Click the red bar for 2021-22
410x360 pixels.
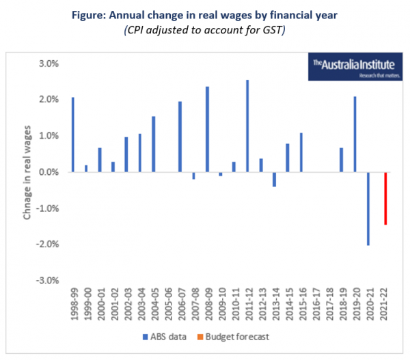[x=385, y=198]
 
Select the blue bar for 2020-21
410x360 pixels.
[x=369, y=208]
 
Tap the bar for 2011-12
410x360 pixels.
[x=247, y=126]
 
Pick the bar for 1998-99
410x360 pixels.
[x=72, y=135]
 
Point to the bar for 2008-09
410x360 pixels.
[x=207, y=129]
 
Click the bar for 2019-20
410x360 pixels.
[x=355, y=135]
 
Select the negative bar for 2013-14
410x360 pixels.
[x=274, y=179]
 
